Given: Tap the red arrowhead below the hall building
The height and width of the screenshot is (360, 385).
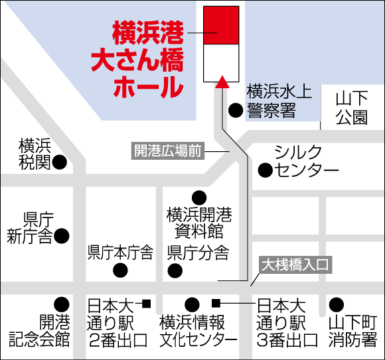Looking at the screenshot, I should tap(222, 82).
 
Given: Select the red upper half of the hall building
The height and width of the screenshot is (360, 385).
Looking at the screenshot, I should tap(222, 25).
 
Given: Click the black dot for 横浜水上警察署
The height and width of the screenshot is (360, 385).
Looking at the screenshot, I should tap(235, 111).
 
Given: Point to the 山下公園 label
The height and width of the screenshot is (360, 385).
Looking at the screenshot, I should tap(351, 109).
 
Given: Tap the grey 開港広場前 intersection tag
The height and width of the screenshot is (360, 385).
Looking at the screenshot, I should tap(168, 150).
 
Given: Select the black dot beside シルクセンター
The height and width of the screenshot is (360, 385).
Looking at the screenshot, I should tap(265, 170).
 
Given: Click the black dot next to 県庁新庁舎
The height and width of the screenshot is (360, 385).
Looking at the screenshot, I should tap(62, 235).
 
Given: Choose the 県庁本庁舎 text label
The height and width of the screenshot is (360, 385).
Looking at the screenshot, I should tap(120, 253).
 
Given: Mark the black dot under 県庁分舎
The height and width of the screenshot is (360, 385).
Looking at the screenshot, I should tap(175, 270).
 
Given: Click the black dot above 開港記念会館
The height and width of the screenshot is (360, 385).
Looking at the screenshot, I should tap(62, 304).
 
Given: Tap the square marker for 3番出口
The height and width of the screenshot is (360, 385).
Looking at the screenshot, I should tap(216, 304).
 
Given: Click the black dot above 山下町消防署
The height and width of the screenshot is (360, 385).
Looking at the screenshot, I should tap(337, 304).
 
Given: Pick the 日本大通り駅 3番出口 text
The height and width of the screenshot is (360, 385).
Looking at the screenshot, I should tap(281, 324).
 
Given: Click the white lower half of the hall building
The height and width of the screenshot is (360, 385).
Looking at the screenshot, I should tap(222, 62).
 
